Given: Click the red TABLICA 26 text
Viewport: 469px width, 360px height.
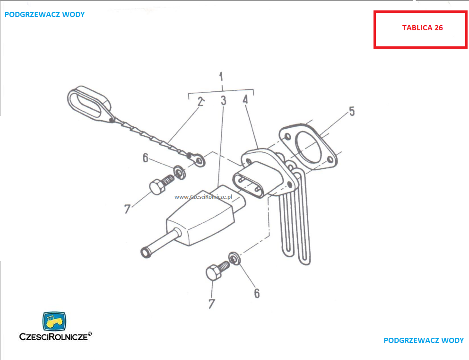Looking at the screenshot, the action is pos(422,28).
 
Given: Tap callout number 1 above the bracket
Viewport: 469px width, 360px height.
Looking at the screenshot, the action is pos(221,77).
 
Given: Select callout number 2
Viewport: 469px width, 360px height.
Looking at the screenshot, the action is pos(201,102).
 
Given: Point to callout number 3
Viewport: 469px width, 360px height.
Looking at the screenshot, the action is pos(224,101).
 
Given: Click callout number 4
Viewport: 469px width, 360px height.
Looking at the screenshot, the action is pos(245,100).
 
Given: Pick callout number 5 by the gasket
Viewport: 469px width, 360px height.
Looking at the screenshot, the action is pos(352,111).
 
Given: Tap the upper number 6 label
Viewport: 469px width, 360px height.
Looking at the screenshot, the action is pos(145,158).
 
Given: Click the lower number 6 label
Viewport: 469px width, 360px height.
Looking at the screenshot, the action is pos(257,293).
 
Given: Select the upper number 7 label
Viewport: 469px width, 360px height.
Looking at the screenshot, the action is pos(128,209).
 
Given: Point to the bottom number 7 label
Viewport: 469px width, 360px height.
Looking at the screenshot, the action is pos(212,304).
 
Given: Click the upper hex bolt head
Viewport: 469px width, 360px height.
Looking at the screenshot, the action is pos(157,187).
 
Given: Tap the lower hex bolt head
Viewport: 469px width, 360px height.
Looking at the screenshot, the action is pos(214,272).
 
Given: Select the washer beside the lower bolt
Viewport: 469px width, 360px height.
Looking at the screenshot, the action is pos(234,259).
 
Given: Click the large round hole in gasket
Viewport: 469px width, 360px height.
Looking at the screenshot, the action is pos(308,147).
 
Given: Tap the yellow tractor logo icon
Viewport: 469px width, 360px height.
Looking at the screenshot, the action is pos(54,321).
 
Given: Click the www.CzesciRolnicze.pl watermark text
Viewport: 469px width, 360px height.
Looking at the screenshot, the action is pos(203,197).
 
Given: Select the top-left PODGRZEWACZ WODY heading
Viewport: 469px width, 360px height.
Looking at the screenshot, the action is pos(44,14).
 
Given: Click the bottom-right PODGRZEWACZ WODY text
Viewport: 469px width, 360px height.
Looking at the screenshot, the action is pos(424,340).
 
